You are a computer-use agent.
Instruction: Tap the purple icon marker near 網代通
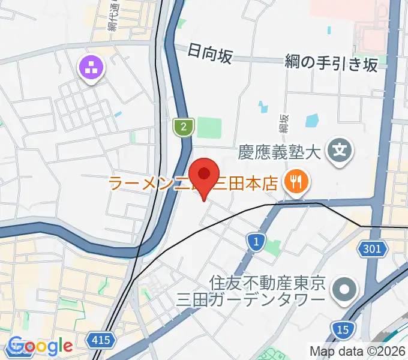(x=92, y=68)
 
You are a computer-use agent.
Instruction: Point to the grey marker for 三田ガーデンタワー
(x=345, y=289)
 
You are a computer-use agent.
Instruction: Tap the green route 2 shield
(x=183, y=126)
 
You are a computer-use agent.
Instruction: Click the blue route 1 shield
(x=256, y=242)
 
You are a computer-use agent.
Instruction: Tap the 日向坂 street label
(x=209, y=53)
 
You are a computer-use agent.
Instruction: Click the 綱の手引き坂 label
(x=331, y=63)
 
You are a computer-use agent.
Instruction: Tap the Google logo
(x=41, y=346)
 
